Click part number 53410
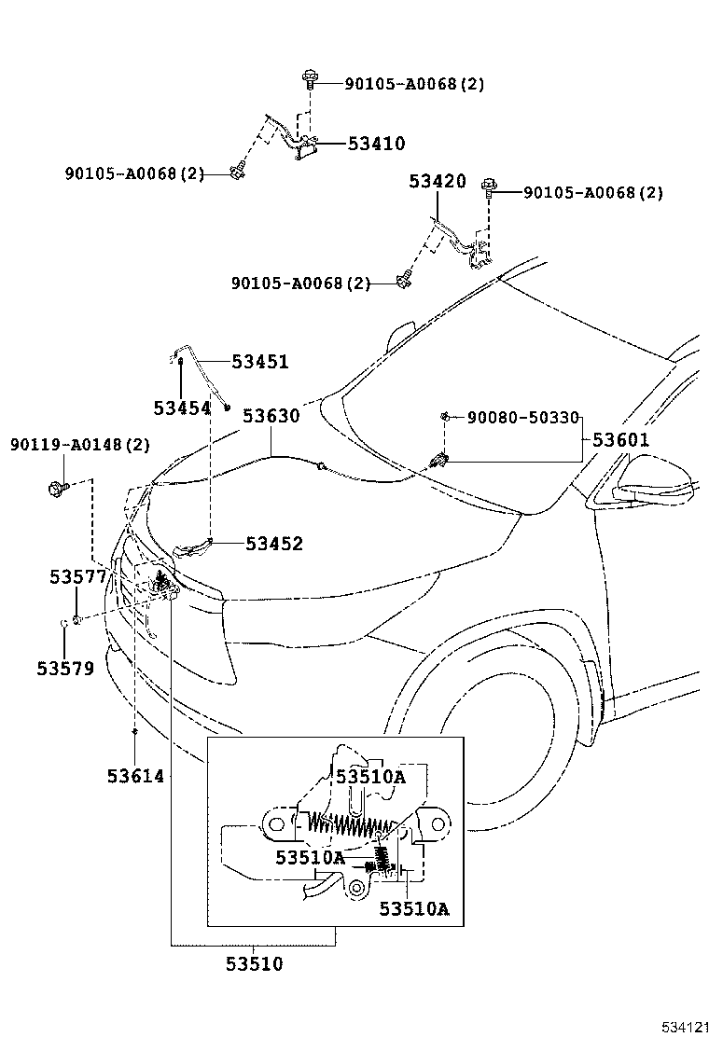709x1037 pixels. (x=376, y=144)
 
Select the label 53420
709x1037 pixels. (x=437, y=182)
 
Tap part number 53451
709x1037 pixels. (x=260, y=362)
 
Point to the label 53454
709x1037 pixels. (x=182, y=408)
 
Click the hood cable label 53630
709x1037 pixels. (x=271, y=416)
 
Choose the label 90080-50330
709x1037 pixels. (x=522, y=417)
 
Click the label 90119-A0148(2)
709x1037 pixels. (x=80, y=445)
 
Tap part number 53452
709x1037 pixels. (x=274, y=543)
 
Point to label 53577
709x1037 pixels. (x=78, y=578)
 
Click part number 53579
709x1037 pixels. (x=65, y=668)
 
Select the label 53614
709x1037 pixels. (x=135, y=776)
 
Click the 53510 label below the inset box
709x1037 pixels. (x=254, y=964)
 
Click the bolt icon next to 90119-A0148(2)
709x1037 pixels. (x=54, y=486)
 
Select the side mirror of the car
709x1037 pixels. (x=658, y=483)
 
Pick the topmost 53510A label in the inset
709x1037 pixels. (x=371, y=776)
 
